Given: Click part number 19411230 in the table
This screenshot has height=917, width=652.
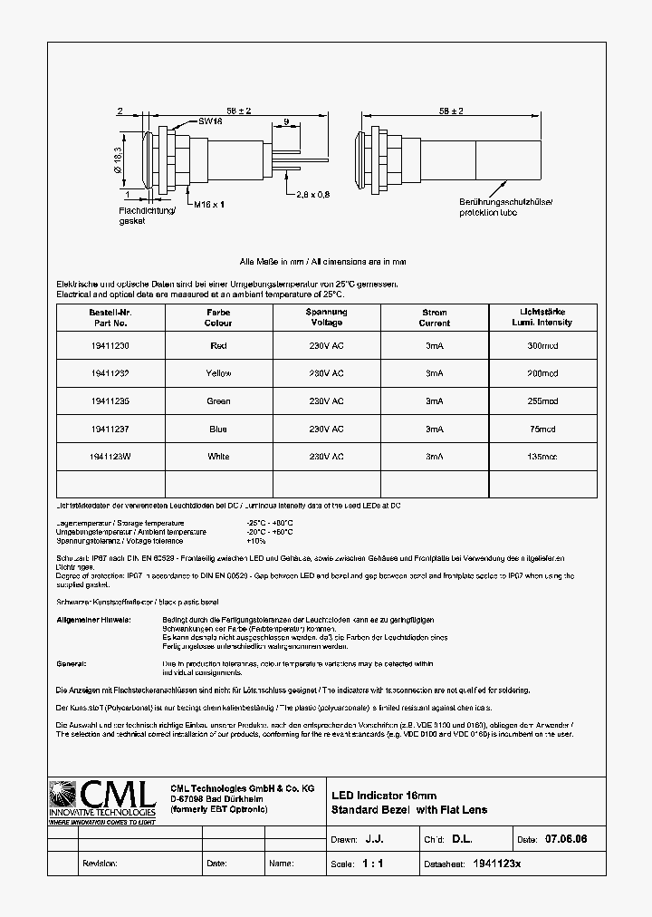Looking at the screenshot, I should [110, 346].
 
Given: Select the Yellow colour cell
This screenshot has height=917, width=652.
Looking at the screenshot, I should [218, 373].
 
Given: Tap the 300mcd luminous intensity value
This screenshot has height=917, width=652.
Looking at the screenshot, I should [542, 346].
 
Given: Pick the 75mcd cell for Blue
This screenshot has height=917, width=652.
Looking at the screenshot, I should [542, 430].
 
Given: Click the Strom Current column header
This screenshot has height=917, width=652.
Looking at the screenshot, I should [435, 317].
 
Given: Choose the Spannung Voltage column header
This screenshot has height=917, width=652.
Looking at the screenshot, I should [326, 317].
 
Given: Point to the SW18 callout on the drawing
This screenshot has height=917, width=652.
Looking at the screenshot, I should [211, 121].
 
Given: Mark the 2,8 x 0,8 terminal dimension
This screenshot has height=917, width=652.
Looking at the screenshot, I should [312, 194].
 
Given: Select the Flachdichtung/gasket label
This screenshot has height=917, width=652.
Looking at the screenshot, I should [140, 215].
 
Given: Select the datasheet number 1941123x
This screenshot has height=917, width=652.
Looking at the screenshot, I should [497, 864].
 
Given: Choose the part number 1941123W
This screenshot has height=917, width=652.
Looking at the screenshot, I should [110, 457].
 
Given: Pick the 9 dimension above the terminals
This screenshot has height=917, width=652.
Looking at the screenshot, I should [286, 121].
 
